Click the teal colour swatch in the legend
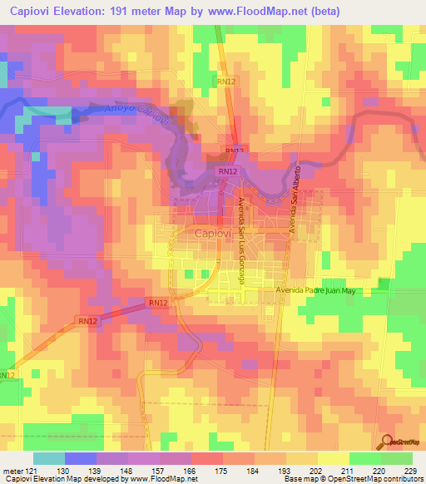pyautogui.click(x=48, y=458)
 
